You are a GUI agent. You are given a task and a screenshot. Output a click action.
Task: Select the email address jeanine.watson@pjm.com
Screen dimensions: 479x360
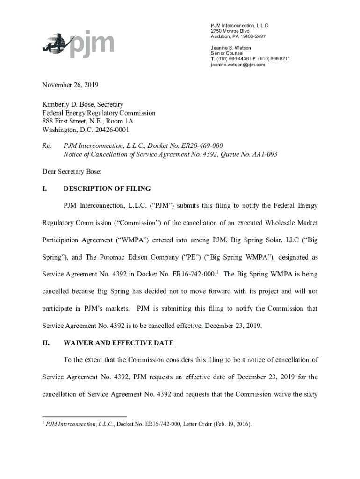pos(238,65)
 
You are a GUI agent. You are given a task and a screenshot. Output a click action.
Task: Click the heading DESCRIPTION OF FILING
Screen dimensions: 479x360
pos(107,189)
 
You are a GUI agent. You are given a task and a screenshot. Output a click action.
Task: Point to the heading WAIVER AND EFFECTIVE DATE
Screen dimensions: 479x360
pos(118,343)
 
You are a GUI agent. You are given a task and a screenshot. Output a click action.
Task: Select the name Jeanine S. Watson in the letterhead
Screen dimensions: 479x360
pos(230,48)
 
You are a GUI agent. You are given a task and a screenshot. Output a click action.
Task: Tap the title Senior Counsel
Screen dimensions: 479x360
pos(227,53)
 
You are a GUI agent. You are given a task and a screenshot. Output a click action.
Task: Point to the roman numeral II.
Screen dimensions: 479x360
pos(46,343)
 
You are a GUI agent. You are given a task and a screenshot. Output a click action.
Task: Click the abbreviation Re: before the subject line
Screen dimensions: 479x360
pos(47,145)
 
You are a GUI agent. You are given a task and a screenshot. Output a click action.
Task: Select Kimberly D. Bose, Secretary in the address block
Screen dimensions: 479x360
pos(83,104)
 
